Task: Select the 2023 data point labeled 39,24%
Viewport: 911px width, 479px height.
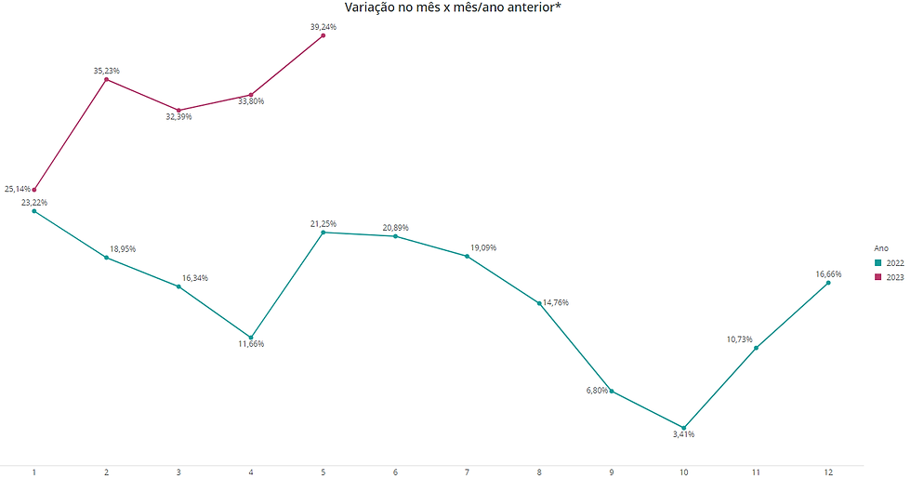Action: pos(323,35)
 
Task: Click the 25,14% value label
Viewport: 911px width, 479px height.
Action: pos(18,189)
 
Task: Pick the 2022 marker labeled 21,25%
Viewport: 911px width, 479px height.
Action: pos(323,233)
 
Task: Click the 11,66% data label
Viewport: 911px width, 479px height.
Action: pos(251,344)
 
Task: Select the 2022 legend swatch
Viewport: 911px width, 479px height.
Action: pos(878,263)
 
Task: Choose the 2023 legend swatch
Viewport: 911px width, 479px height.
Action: pos(878,277)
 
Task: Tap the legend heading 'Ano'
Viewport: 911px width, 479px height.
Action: pos(880,248)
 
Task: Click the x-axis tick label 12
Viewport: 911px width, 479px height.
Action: pos(828,472)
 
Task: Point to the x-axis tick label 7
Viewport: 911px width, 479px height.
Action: pos(468,472)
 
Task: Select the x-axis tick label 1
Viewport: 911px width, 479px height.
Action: pos(34,472)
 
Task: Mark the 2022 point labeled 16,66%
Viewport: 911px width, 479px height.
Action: pos(828,283)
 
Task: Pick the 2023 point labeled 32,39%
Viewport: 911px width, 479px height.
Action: pos(178,110)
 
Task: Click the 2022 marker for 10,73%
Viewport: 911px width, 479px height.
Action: pos(756,348)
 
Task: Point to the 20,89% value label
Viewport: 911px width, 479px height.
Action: pos(395,227)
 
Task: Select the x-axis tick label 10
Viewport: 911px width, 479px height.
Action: pos(684,472)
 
